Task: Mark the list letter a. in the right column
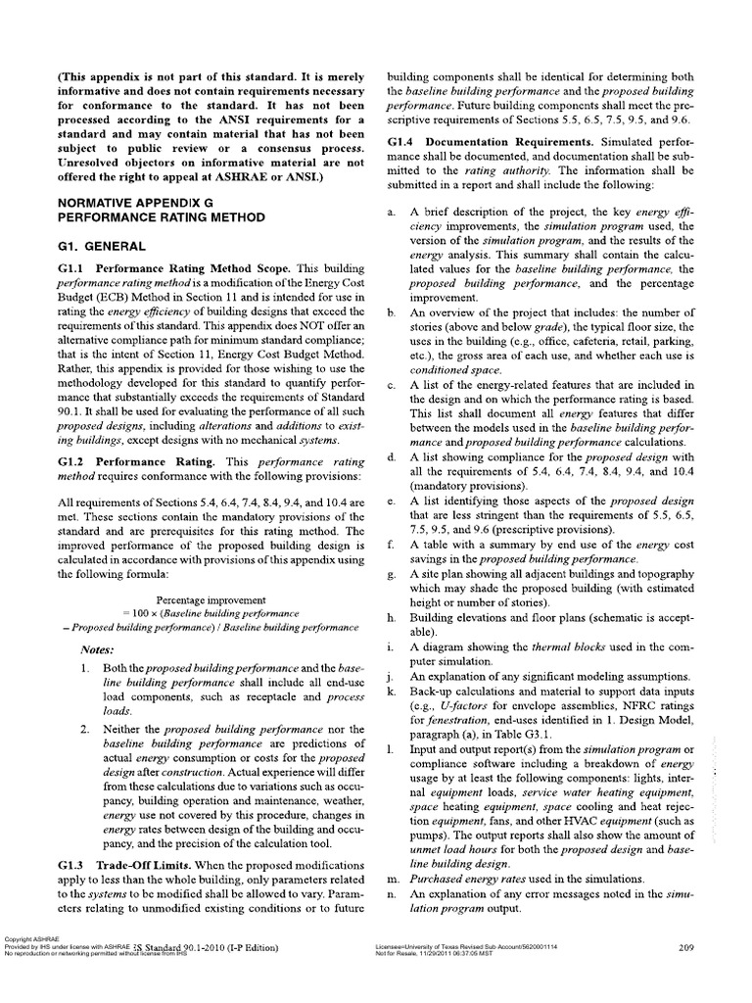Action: click(x=391, y=212)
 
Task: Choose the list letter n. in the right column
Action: click(x=391, y=895)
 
